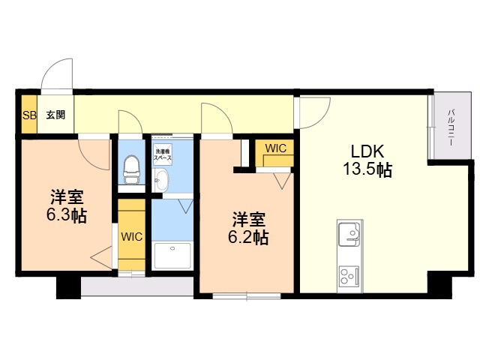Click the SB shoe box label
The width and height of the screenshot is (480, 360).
[28, 115]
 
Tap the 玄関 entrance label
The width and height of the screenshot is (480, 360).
[55, 115]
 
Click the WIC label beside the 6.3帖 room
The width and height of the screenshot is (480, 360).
[132, 236]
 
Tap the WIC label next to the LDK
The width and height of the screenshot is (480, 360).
[275, 148]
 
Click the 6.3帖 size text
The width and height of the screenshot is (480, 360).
[65, 216]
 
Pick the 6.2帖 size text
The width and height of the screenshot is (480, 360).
[248, 238]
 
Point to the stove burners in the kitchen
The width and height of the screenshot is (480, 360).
[349, 275]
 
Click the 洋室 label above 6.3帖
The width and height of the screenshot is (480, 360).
[65, 198]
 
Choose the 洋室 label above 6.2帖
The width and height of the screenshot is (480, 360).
[248, 220]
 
